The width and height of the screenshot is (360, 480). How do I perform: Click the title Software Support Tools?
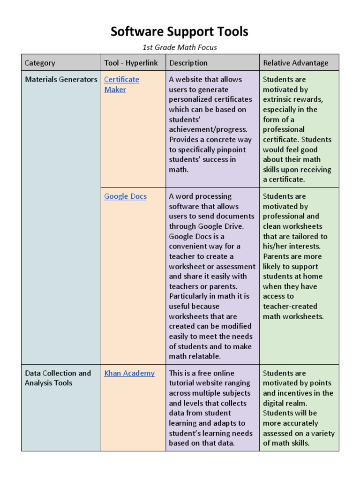click(x=180, y=32)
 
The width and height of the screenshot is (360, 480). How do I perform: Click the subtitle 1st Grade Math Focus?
click(x=180, y=47)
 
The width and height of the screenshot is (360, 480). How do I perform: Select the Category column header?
click(x=40, y=63)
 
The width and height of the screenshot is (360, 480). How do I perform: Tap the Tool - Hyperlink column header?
click(x=131, y=63)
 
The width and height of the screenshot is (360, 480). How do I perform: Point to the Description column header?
click(x=188, y=63)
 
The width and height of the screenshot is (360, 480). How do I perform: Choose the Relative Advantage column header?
click(x=295, y=63)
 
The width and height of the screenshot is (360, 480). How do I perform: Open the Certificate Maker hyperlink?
click(x=121, y=84)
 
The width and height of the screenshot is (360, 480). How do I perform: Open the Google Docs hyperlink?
click(x=125, y=196)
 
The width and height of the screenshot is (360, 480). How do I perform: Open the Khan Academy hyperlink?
click(x=129, y=374)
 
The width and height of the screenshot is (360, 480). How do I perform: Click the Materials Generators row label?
click(x=61, y=80)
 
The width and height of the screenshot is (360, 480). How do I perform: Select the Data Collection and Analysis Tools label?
click(x=58, y=378)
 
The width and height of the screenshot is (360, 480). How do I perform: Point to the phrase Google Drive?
click(x=221, y=226)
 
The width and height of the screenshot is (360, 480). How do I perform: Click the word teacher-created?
click(x=290, y=307)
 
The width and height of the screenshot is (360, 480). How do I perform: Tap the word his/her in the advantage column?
click(x=276, y=247)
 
